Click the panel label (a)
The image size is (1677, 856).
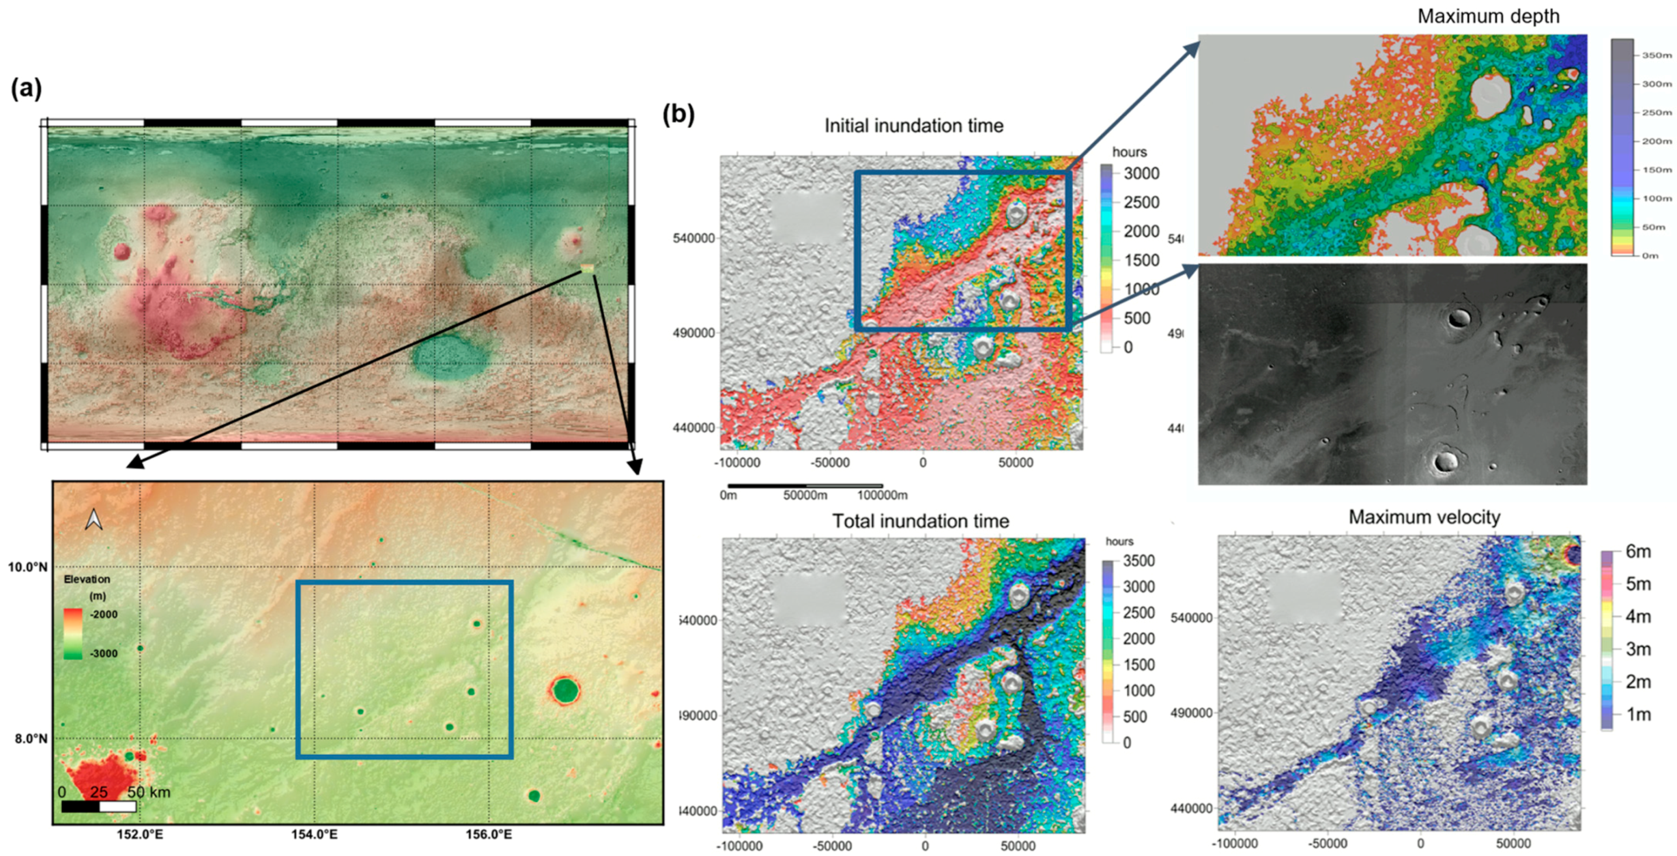tap(27, 89)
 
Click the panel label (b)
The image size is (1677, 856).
tap(678, 115)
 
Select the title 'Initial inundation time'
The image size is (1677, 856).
tap(913, 125)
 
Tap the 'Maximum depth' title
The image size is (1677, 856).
tap(1488, 16)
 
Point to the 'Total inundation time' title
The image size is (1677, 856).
tap(920, 520)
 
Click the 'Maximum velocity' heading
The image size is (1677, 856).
tap(1425, 517)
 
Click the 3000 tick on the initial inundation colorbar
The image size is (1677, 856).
tap(1141, 173)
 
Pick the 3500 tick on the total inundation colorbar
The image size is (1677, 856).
tap(1139, 561)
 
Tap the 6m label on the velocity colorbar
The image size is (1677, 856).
tap(1638, 551)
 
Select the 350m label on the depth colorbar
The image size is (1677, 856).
tap(1656, 56)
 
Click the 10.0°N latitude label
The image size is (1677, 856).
tap(28, 567)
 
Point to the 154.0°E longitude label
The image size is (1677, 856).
tap(314, 834)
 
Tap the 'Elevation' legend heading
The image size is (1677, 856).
tap(86, 578)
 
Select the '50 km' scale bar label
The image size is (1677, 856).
tap(148, 792)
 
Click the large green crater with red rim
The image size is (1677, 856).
tap(564, 690)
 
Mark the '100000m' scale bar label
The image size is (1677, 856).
tap(882, 495)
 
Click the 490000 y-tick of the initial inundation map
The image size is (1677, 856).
tap(694, 332)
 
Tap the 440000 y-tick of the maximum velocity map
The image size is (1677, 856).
tap(1191, 808)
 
